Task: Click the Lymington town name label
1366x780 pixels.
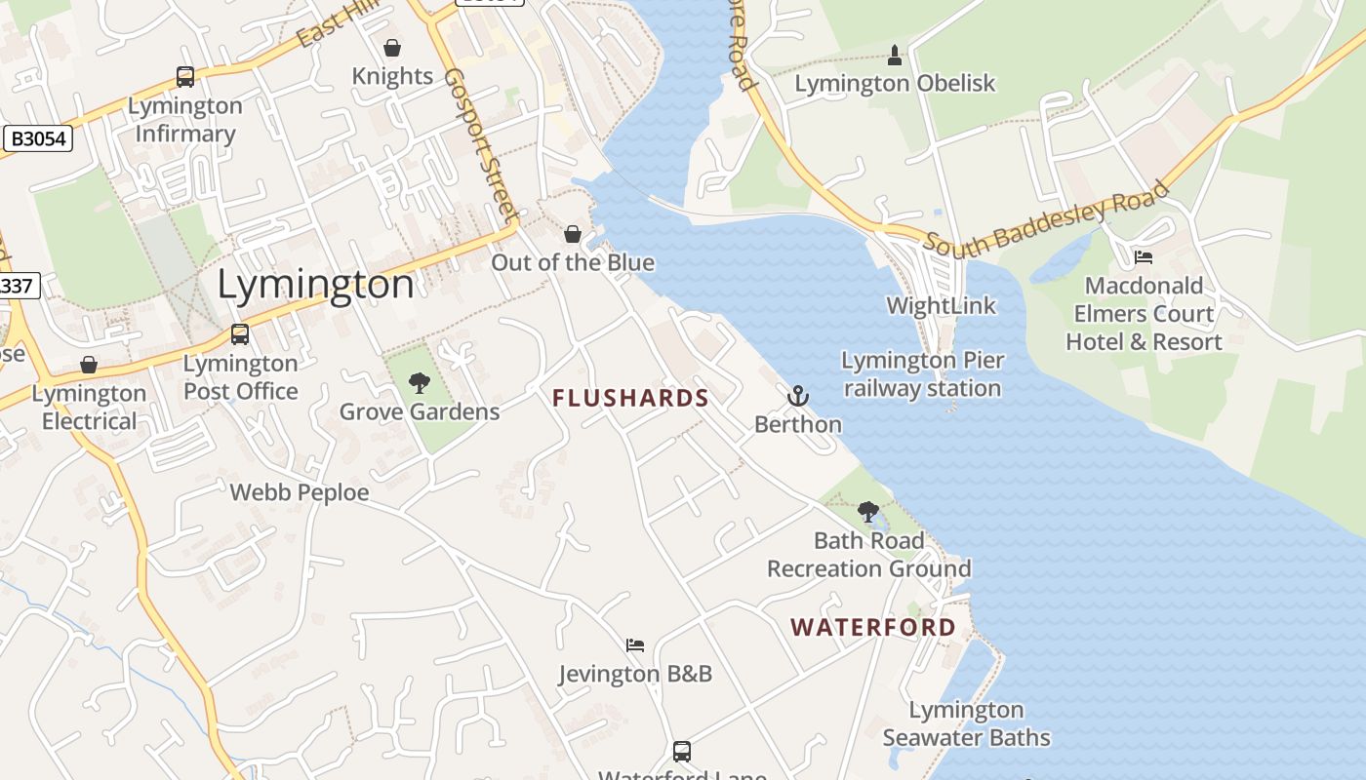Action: (x=315, y=285)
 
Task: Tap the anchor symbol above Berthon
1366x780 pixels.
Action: (x=798, y=396)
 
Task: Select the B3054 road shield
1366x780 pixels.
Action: (x=38, y=138)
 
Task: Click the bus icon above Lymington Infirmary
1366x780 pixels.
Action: (x=184, y=77)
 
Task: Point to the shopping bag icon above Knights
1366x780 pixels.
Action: (x=392, y=48)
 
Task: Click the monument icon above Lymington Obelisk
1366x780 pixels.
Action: (x=895, y=56)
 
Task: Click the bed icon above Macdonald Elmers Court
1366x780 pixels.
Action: (x=1143, y=257)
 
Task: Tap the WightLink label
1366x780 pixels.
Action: (x=942, y=305)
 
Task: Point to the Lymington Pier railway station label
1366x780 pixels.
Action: (x=922, y=374)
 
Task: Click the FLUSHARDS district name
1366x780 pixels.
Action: (x=630, y=398)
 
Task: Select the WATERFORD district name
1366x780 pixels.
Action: (x=873, y=627)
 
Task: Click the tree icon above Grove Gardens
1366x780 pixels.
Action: (x=420, y=383)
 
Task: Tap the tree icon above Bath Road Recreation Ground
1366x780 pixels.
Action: (x=867, y=512)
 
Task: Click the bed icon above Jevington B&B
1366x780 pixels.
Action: (x=635, y=645)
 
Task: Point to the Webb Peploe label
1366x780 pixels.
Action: (x=300, y=492)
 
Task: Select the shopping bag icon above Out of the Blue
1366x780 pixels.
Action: (x=573, y=234)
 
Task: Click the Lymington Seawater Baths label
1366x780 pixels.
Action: (x=966, y=723)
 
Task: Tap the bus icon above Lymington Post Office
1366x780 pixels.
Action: (x=240, y=334)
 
